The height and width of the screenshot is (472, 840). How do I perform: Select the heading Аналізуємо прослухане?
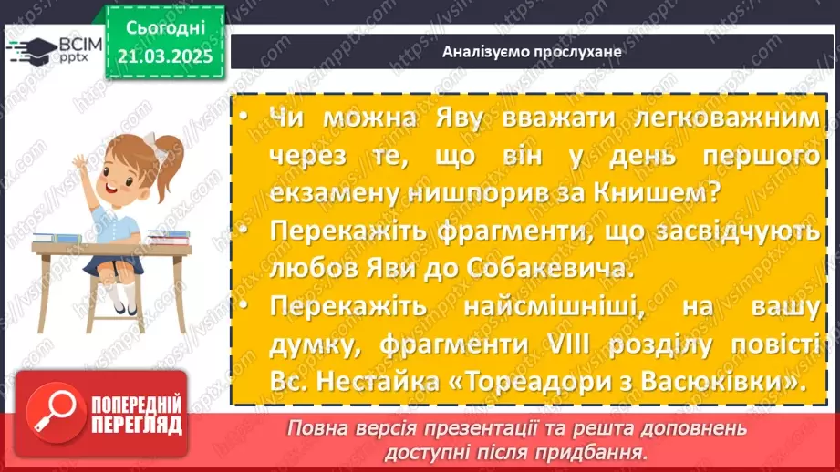click(532, 51)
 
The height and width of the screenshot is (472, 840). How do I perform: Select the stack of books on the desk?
click(169, 237)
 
